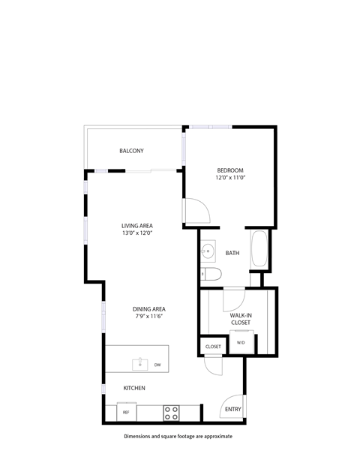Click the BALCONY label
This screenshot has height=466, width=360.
pyautogui.click(x=131, y=152)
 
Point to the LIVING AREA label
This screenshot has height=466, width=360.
pyautogui.click(x=137, y=225)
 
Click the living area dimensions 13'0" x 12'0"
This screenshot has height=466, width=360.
pyautogui.click(x=137, y=233)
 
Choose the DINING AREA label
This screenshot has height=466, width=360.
pyautogui.click(x=149, y=308)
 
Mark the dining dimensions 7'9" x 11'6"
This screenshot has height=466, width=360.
pyautogui.click(x=149, y=317)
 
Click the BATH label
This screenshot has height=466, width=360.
pyautogui.click(x=232, y=254)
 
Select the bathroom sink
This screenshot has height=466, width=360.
pyautogui.click(x=208, y=251)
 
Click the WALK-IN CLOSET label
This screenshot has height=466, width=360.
pyautogui.click(x=241, y=320)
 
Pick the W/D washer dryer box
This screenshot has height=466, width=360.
pyautogui.click(x=241, y=343)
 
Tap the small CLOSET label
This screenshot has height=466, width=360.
pyautogui.click(x=213, y=347)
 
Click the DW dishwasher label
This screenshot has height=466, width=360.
pyautogui.click(x=157, y=365)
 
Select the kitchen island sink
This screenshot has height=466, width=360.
pyautogui.click(x=139, y=364)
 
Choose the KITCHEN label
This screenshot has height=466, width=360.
pyautogui.click(x=134, y=388)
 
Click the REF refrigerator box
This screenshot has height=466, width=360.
pyautogui.click(x=126, y=413)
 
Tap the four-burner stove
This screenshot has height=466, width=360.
pyautogui.click(x=172, y=412)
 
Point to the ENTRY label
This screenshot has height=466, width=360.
pyautogui.click(x=232, y=409)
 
